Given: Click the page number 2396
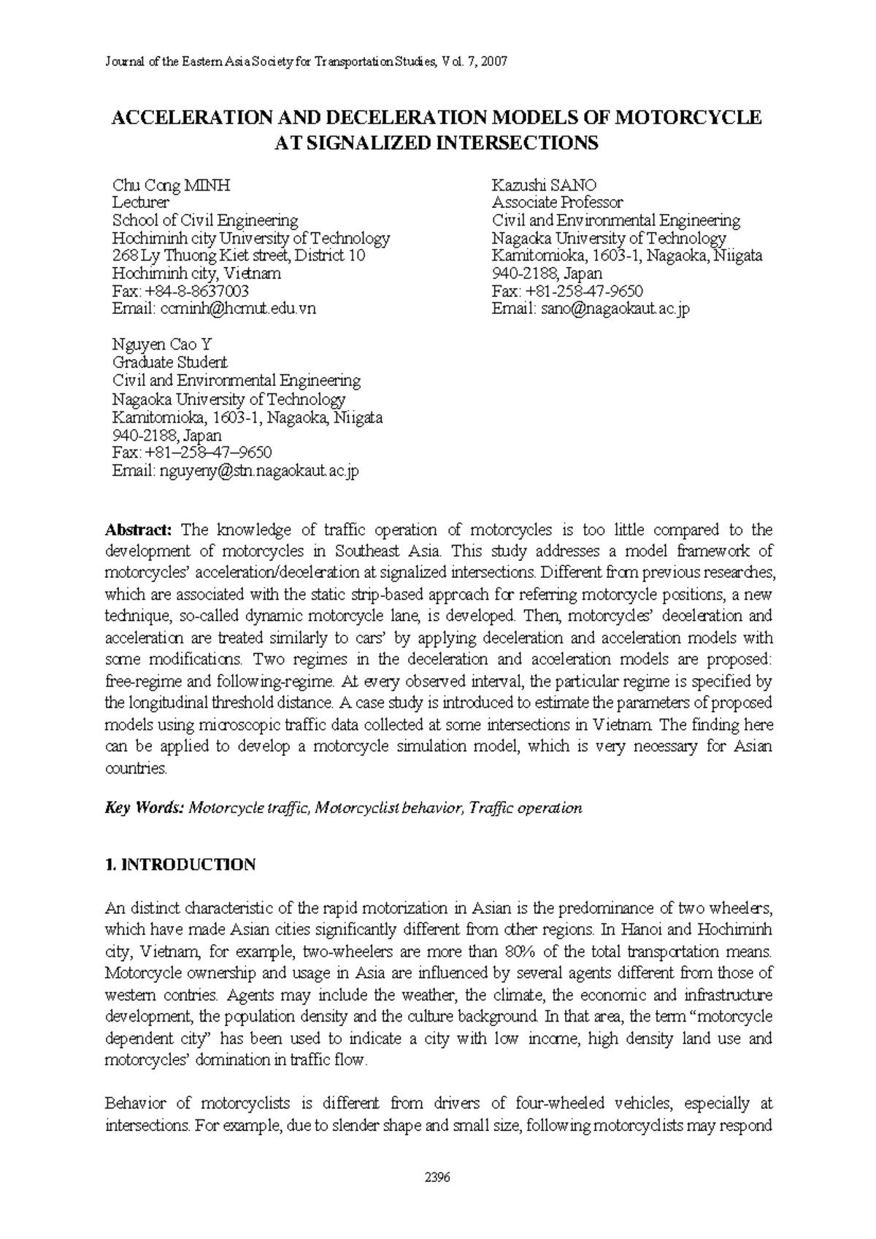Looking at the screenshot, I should point(437,1177).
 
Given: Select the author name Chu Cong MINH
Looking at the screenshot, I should point(171,185).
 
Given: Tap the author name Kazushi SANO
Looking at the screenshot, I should point(545,185).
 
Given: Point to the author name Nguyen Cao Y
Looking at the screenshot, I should point(161,344).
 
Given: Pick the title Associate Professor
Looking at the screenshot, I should point(558,203).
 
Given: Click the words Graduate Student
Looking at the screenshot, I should point(169,363).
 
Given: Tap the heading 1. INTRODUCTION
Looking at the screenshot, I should point(180,865).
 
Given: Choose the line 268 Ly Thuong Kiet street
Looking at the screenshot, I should point(238,256).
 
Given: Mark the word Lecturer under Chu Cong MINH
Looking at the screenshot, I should point(140,203).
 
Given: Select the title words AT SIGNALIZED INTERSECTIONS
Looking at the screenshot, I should point(436,142).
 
